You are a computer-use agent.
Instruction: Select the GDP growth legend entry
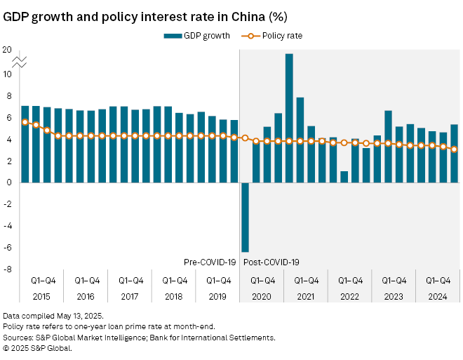(x=196, y=35)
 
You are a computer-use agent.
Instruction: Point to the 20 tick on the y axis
(x=7, y=50)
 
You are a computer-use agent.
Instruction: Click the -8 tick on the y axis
(x=7, y=269)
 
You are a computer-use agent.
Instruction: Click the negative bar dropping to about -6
(x=245, y=217)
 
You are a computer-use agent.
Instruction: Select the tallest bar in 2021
(x=289, y=118)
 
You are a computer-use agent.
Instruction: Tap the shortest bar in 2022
(x=344, y=177)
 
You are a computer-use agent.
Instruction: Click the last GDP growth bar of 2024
(x=454, y=153)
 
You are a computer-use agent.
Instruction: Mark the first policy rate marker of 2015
(x=25, y=122)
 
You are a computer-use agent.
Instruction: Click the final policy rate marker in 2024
(x=454, y=149)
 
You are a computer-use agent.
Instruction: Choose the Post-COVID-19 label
(x=271, y=262)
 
